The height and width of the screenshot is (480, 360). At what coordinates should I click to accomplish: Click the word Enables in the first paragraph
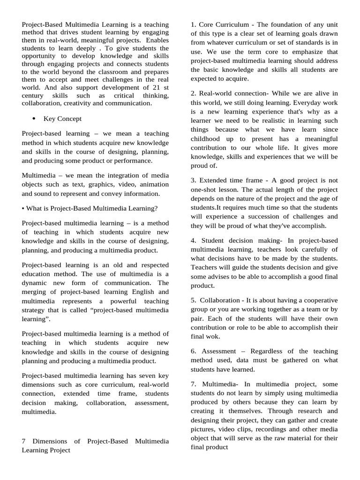157,41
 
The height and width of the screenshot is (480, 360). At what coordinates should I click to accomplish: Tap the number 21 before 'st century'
154,87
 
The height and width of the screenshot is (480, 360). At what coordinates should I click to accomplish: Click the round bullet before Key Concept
34,119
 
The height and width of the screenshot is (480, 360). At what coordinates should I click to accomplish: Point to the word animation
153,184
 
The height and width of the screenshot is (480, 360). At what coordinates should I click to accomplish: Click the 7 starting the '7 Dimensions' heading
24,441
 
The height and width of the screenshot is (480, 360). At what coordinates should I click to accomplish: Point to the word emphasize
293,52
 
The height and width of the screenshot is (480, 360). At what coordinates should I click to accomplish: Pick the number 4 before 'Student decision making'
193,240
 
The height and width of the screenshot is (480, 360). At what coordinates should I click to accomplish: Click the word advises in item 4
223,276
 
